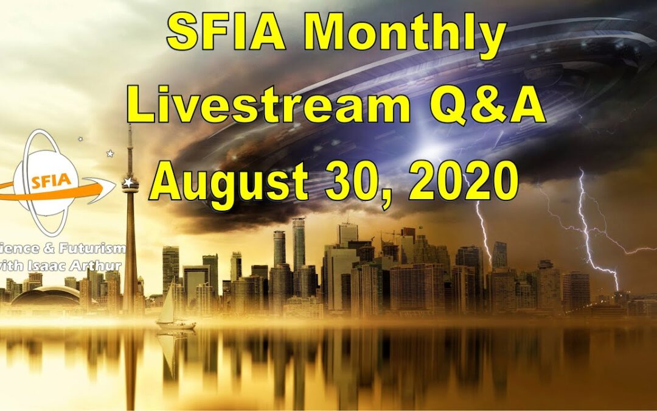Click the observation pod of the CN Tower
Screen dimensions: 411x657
[x=130, y=184]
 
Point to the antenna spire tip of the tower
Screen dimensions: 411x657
[x=129, y=127]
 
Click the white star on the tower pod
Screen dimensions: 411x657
[x=128, y=182]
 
